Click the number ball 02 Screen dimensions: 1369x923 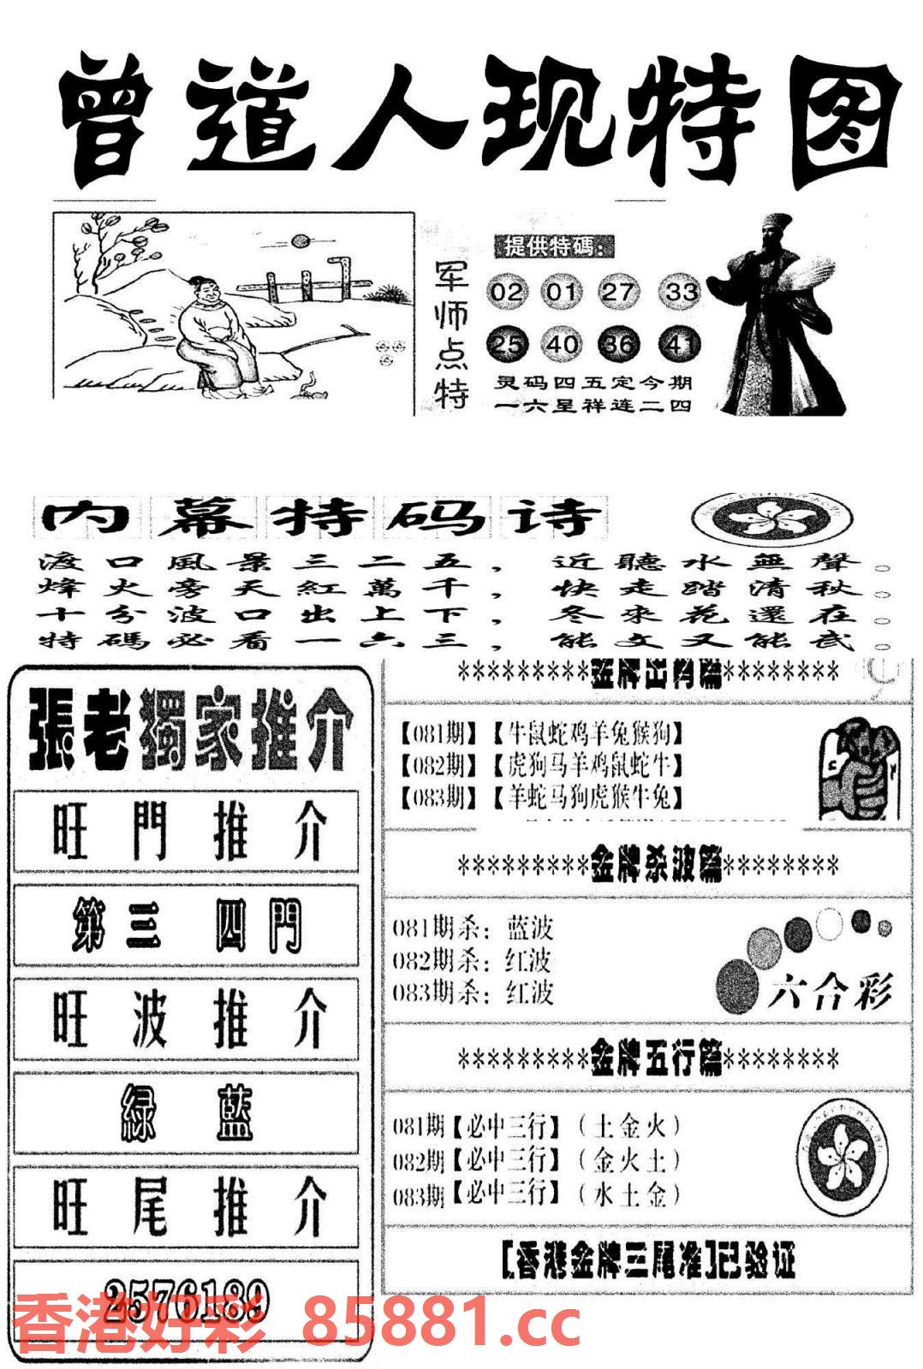click(505, 293)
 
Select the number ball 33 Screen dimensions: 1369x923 click(681, 293)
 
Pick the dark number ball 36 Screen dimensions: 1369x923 click(619, 345)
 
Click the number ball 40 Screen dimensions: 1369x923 click(562, 345)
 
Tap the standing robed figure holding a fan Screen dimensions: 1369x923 click(775, 317)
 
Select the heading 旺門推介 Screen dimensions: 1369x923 click(187, 832)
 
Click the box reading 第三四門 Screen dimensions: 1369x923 click(187, 927)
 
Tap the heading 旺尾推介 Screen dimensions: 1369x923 click(187, 1206)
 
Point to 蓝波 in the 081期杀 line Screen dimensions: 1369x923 click(530, 928)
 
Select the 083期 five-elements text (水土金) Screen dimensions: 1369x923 click(630, 1194)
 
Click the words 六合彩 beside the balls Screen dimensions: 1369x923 click(829, 993)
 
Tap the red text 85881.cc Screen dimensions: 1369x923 click(442, 1324)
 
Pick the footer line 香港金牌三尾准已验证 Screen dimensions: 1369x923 click(647, 1260)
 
